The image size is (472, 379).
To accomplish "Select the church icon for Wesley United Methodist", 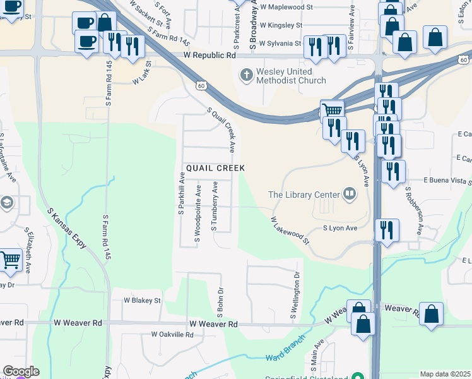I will [247, 76].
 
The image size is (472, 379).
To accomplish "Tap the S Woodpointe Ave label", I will [198, 214].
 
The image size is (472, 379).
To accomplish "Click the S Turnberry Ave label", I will [215, 206].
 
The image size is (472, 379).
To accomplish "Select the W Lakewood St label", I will [290, 231].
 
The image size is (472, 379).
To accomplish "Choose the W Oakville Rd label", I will [171, 334].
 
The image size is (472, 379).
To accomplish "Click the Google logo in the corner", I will [21, 371].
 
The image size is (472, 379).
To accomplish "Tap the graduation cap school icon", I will [6, 203].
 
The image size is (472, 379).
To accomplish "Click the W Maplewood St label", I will [286, 7].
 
